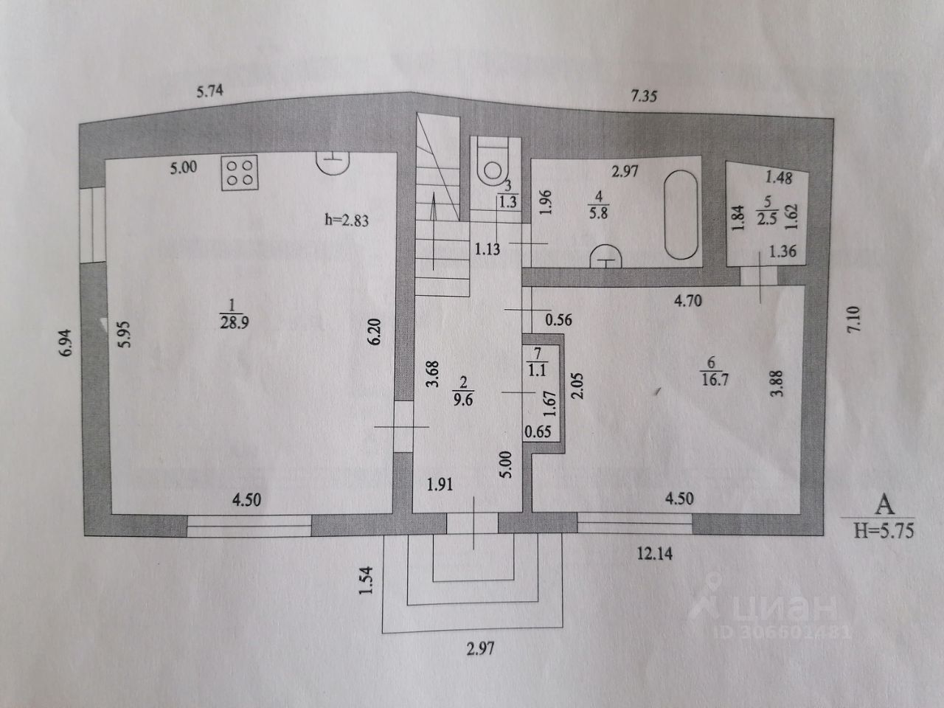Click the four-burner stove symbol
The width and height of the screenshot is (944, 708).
(240, 173)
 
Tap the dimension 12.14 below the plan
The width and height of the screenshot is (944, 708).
(655, 554)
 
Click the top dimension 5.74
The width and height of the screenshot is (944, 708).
(209, 92)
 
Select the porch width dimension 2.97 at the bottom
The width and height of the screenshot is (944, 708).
(479, 649)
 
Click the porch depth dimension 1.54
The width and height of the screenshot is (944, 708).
(372, 582)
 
